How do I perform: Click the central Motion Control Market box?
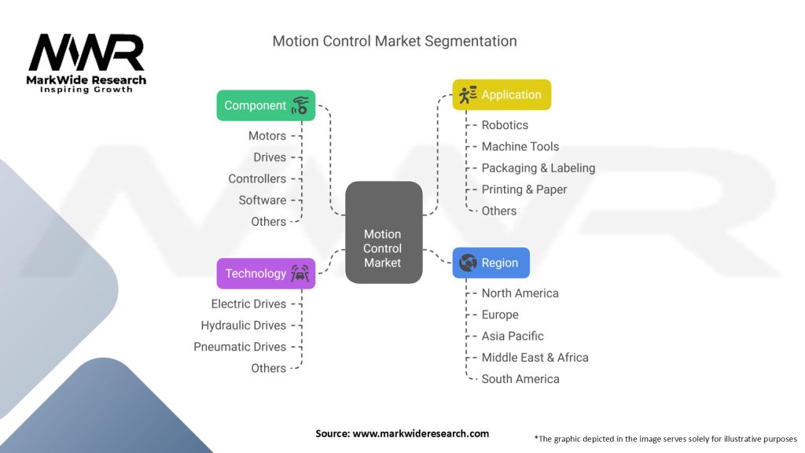[x=384, y=233]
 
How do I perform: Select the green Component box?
[x=266, y=105]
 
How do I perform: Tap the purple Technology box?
[x=266, y=274]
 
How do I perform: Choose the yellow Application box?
[x=502, y=95]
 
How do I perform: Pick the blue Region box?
[x=491, y=263]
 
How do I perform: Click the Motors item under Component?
[x=267, y=136]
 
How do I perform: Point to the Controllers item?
[x=257, y=179]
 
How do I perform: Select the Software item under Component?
[x=263, y=200]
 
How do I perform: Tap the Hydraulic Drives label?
[x=244, y=325]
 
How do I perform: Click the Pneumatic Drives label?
[x=240, y=347]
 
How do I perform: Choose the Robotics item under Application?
[x=505, y=125]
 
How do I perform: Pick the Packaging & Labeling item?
[x=538, y=168]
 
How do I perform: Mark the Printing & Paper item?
[x=524, y=190]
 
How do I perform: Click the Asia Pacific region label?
[x=513, y=336]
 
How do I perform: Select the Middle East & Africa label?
[x=535, y=357]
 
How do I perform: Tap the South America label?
[x=520, y=379]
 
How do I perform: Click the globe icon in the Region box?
[x=468, y=263]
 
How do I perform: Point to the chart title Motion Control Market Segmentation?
[x=395, y=41]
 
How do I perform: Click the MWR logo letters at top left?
[x=86, y=53]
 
